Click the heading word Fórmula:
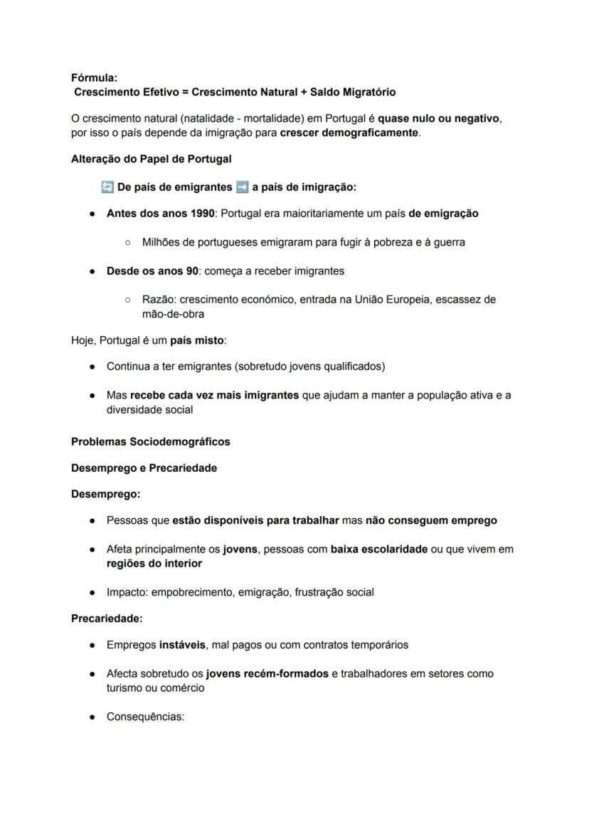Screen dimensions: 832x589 click(x=94, y=78)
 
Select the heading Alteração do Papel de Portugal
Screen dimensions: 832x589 click(x=151, y=159)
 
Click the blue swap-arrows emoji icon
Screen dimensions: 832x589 click(x=107, y=187)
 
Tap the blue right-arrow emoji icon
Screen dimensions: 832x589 click(x=242, y=187)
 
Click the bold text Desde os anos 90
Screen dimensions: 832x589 click(x=152, y=271)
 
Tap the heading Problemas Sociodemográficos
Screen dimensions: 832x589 click(x=151, y=441)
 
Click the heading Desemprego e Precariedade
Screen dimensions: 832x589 click(x=144, y=468)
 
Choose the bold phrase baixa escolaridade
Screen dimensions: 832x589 click(x=379, y=549)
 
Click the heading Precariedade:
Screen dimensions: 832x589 click(x=107, y=619)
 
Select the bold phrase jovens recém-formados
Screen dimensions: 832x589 click(x=267, y=673)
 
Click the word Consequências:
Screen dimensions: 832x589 click(x=145, y=717)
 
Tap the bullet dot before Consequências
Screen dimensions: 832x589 click(x=93, y=717)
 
